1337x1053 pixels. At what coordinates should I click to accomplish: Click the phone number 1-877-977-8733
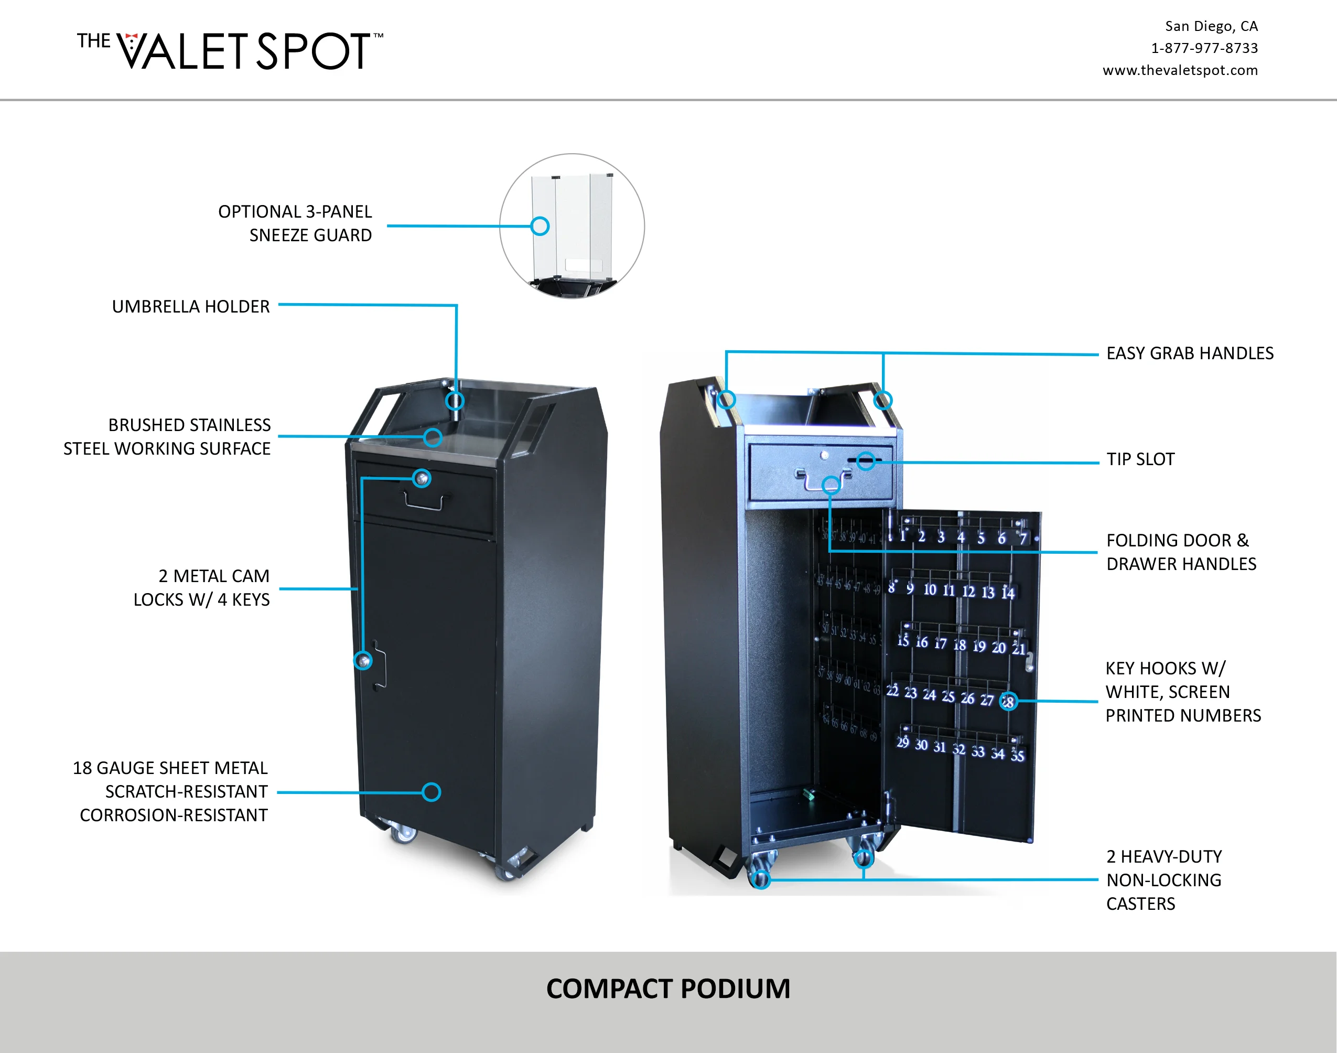click(x=1204, y=48)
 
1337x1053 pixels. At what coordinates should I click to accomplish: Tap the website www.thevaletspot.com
click(x=1180, y=70)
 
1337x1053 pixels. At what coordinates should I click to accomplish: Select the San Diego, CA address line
click(x=1211, y=26)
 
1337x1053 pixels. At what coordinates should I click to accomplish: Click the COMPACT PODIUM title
click(x=668, y=988)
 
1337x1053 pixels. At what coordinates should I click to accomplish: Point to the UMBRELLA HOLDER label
click(x=190, y=306)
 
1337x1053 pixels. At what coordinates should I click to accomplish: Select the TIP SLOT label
click(x=1140, y=459)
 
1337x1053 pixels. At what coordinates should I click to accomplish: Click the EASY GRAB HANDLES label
click(x=1189, y=353)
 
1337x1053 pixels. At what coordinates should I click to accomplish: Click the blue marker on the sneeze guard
click(x=540, y=226)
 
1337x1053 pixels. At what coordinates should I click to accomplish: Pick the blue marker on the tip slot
click(x=866, y=461)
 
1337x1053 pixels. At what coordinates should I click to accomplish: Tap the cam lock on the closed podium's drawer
click(x=422, y=478)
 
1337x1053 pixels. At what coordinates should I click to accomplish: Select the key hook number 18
click(x=959, y=646)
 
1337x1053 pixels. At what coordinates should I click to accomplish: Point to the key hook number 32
click(x=958, y=749)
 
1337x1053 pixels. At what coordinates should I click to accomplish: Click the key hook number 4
click(x=961, y=538)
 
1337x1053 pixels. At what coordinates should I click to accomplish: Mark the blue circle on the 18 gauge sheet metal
click(x=432, y=792)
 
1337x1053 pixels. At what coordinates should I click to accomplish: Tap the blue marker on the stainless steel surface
click(x=433, y=438)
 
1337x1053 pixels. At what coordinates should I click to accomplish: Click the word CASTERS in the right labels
click(x=1140, y=904)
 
